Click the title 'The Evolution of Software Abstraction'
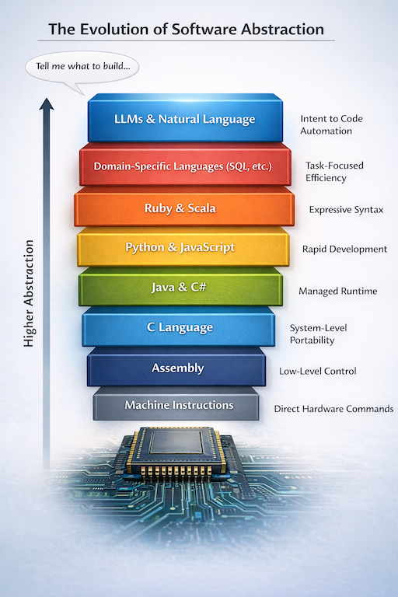186,30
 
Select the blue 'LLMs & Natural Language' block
184,120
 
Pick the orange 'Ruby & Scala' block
183,208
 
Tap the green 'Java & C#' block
180,288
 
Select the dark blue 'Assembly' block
177,368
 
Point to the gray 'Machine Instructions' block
179,405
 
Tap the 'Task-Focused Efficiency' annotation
334,172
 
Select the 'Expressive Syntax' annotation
346,210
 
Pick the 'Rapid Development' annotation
344,250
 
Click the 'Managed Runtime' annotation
337,292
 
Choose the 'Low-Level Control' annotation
317,372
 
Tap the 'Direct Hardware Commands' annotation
333,409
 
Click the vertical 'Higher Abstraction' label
30,293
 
